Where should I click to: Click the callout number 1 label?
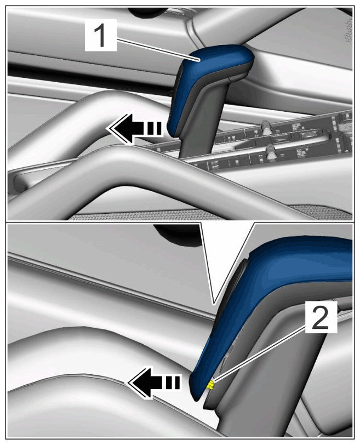click(x=101, y=35)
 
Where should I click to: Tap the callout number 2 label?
click(x=321, y=317)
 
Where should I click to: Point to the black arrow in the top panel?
click(x=134, y=129)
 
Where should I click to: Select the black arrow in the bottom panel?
click(x=154, y=382)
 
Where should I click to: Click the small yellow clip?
click(x=210, y=385)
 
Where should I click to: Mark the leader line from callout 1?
click(x=157, y=50)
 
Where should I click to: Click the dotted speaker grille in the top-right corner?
click(x=348, y=30)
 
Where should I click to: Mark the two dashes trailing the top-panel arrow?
click(x=153, y=129)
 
